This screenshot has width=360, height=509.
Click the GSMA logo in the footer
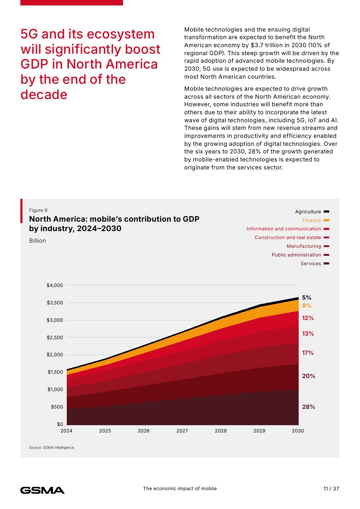click(x=42, y=490)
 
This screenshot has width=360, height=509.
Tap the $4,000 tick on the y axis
click(x=55, y=285)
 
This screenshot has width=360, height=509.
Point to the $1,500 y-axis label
click(x=55, y=372)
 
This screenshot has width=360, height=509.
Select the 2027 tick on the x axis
click(x=182, y=431)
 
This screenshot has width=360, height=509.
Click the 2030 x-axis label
click(x=298, y=431)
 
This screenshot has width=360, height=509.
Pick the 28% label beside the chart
click(x=308, y=407)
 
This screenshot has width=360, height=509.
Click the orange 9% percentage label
click(x=307, y=305)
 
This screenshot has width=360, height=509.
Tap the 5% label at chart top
click(x=307, y=297)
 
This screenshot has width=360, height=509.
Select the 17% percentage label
click(x=308, y=353)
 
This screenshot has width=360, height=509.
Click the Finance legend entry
click(x=312, y=220)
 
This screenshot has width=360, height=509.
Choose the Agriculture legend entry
click(x=308, y=212)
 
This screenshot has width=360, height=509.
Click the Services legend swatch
click(x=326, y=263)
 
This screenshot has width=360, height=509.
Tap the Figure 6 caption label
click(x=38, y=210)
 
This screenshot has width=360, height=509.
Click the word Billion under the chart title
click(x=37, y=241)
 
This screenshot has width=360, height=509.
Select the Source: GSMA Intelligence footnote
click(x=52, y=447)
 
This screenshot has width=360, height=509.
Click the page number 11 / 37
click(x=331, y=489)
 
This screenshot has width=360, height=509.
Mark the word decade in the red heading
click(x=44, y=95)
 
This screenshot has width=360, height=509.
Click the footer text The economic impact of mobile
click(x=180, y=488)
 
